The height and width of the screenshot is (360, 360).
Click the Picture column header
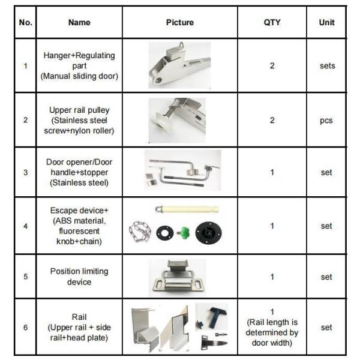coord(180,23)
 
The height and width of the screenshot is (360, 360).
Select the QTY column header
coord(272,23)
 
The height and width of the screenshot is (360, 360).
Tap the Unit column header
coord(326,23)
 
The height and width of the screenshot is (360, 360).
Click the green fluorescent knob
coord(184,233)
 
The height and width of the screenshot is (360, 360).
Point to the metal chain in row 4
coord(140,232)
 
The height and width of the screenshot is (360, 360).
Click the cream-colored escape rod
coord(187,209)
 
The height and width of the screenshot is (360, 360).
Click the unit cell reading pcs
coord(326,121)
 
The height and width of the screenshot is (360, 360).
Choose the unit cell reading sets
coord(328,66)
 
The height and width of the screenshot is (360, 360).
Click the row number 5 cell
coord(25,277)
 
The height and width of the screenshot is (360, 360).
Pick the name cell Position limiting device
coord(79,277)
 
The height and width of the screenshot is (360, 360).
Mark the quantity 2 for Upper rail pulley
coord(272,121)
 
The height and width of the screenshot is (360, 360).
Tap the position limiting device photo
coord(177,277)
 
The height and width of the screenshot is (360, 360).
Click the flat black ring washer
coord(164,233)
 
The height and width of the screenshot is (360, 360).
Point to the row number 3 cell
coord(25,172)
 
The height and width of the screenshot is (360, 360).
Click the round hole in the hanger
coord(158,80)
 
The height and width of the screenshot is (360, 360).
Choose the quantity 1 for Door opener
coord(272,172)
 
